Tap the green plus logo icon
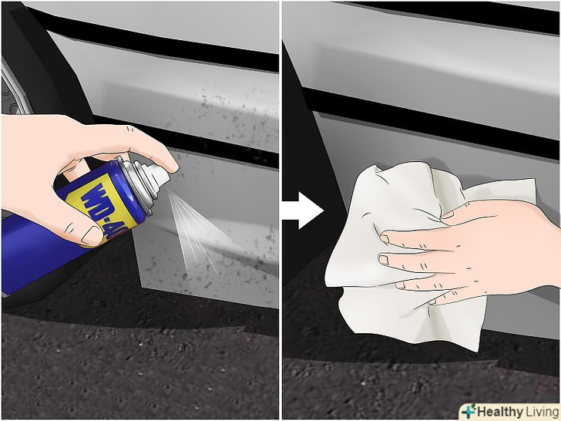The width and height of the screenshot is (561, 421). (x=469, y=412)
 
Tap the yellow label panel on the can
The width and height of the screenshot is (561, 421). (x=102, y=210)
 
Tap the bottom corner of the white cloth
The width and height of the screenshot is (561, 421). (x=476, y=351)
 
